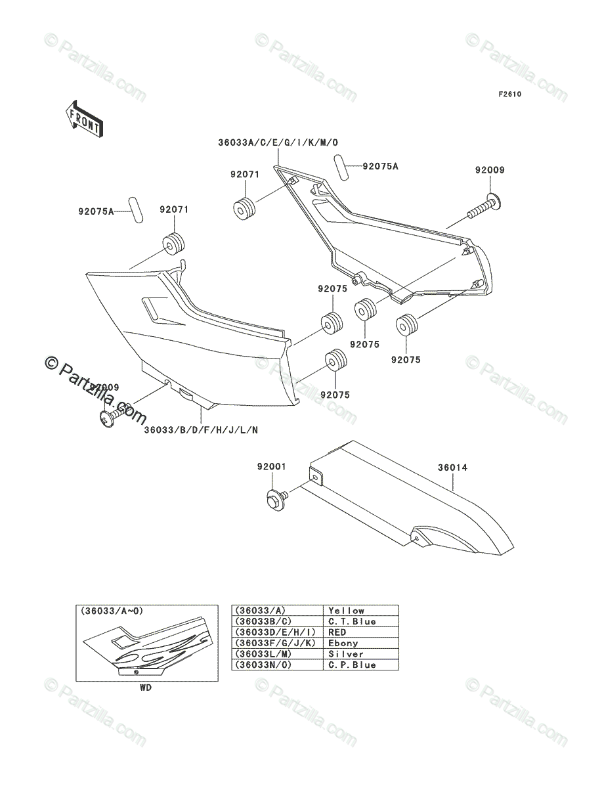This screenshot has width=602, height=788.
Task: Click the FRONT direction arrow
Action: click(x=83, y=119)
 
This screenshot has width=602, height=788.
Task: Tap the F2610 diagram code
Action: click(x=509, y=95)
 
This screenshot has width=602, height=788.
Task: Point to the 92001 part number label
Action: click(x=271, y=468)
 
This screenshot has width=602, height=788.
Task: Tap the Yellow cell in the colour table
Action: click(x=346, y=611)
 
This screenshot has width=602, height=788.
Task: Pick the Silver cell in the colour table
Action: click(x=346, y=655)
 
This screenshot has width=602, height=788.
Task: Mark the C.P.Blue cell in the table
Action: click(x=352, y=665)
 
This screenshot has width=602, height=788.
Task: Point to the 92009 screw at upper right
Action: click(x=484, y=205)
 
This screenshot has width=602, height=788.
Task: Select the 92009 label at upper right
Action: click(x=490, y=170)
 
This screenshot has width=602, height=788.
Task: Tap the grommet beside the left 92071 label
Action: click(x=172, y=244)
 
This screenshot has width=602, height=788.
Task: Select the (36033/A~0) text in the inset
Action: click(x=112, y=611)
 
